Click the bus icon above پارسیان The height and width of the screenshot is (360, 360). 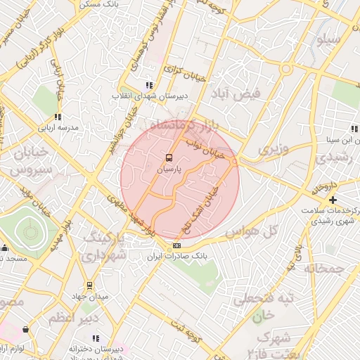point(168,157)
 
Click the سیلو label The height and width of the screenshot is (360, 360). point(330,39)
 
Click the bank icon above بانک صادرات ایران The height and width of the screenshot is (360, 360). point(176,245)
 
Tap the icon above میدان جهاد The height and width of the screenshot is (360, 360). point(89,285)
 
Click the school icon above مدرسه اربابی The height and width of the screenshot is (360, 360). point(57,117)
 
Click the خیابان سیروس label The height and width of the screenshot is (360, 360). point(30,161)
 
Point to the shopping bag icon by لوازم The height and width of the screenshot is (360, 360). point(26,329)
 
